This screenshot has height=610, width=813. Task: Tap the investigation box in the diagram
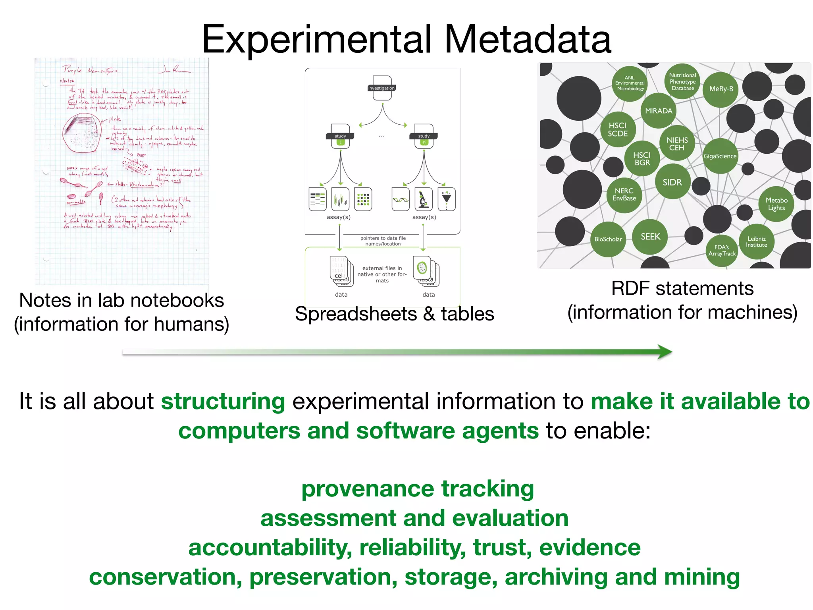tap(382, 87)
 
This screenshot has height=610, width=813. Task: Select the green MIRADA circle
tap(659, 111)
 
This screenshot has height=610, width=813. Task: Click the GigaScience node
tap(720, 156)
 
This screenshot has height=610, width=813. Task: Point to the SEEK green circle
tap(650, 237)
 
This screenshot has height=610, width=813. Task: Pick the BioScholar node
tap(608, 239)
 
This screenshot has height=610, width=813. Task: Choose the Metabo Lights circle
tap(776, 204)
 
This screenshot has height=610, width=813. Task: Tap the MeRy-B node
tap(721, 89)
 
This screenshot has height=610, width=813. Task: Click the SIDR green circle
tap(672, 182)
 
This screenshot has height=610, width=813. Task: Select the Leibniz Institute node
tap(756, 242)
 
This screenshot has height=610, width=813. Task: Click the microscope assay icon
tap(424, 199)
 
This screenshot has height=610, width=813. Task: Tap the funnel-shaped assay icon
tap(447, 199)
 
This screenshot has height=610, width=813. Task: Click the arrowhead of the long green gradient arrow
tap(665, 352)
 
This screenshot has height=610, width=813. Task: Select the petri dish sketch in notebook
tap(82, 133)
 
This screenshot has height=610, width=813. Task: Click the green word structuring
tap(223, 401)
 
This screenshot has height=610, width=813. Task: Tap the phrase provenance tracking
tap(418, 488)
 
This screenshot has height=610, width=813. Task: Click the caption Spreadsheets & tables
tap(394, 314)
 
